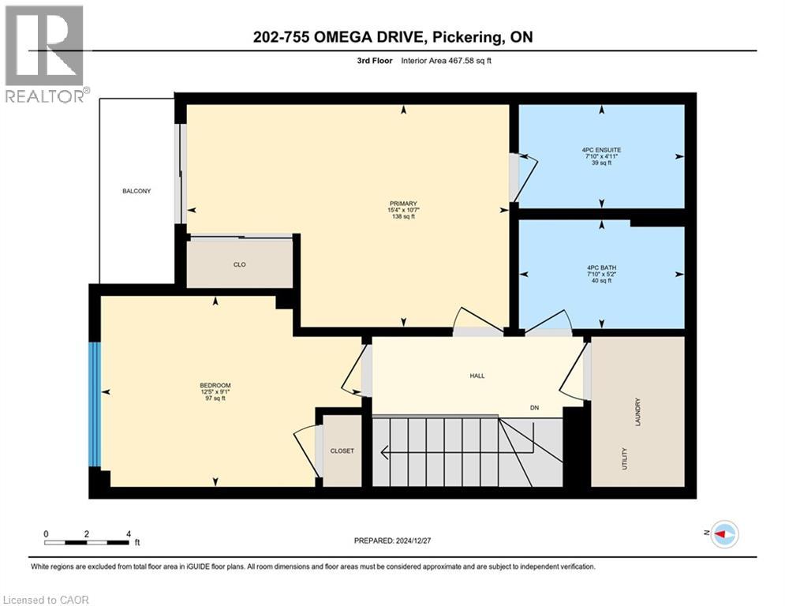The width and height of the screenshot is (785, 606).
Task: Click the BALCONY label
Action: [x=136, y=191]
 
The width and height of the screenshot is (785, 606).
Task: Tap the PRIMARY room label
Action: [x=403, y=203]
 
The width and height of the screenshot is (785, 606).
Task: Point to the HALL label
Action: [x=476, y=376]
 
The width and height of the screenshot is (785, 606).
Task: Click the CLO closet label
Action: [x=240, y=264]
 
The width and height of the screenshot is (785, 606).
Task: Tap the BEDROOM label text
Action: [x=215, y=386]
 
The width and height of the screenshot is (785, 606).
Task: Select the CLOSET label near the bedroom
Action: [x=342, y=451]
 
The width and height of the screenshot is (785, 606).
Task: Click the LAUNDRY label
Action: [x=637, y=413]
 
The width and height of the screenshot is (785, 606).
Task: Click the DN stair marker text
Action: [x=534, y=408]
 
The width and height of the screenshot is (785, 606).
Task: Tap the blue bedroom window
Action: [x=95, y=404]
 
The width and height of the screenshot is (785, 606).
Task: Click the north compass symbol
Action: [x=723, y=534]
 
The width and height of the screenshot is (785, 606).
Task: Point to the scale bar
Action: [x=87, y=542]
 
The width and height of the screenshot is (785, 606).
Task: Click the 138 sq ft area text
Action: [x=403, y=216]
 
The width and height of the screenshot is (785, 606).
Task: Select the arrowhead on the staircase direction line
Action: [x=384, y=453]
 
